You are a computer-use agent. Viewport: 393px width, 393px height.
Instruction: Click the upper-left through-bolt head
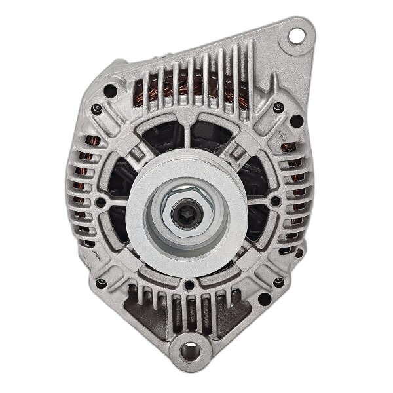pyautogui.click(x=97, y=109)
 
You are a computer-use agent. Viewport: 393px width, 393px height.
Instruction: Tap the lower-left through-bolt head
pyautogui.click(x=100, y=284)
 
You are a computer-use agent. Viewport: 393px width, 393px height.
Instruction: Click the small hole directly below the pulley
pyautogui.click(x=189, y=285)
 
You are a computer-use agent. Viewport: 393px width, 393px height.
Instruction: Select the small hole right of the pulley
pyautogui.click(x=275, y=200)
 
